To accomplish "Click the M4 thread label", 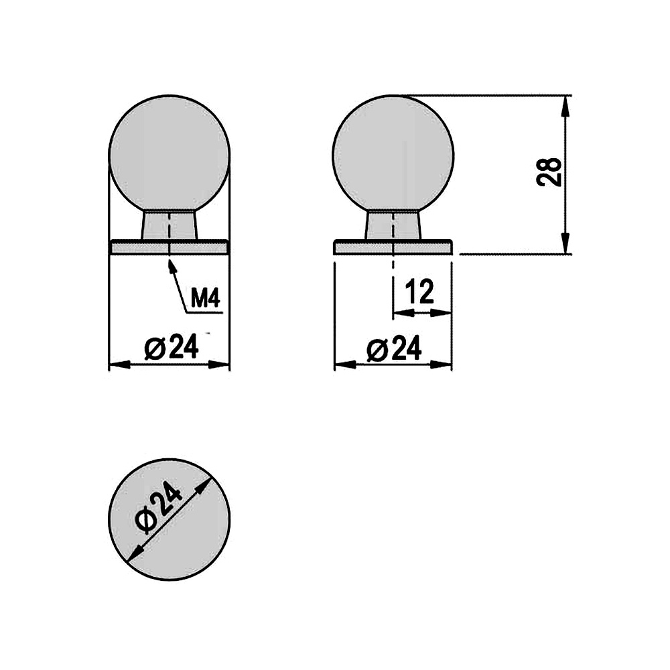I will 205,298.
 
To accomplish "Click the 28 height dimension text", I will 549,172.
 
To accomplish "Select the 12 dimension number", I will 420,292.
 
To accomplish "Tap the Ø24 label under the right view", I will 395,348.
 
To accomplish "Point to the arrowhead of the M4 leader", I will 171,263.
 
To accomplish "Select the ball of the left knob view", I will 169,157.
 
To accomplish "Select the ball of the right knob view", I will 393,157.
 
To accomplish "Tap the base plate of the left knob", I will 169,247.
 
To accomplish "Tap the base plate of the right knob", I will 393,247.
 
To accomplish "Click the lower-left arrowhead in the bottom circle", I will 134,553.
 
